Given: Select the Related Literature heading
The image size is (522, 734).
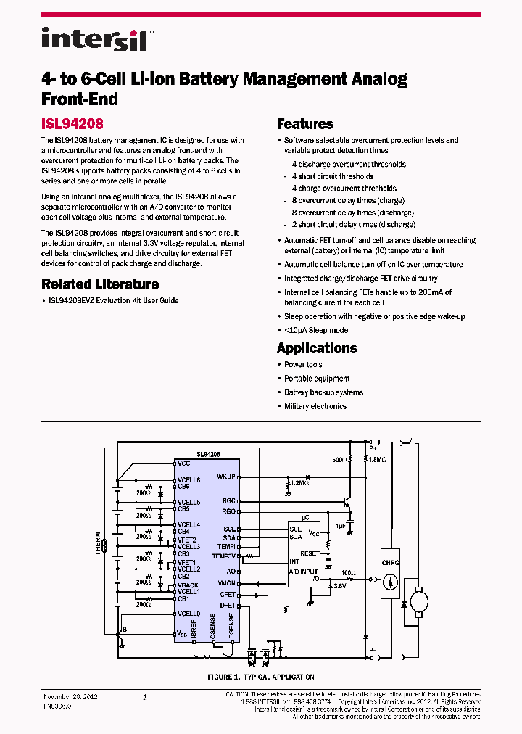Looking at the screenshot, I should point(100,284).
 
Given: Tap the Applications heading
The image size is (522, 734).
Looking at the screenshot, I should point(317,348).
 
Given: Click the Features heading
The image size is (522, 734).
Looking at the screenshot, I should point(305,124).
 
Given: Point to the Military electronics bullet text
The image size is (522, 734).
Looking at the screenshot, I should point(315,406).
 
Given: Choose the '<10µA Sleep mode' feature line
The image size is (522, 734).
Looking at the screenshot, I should point(315,330).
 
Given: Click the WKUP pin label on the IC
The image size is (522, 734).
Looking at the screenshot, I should point(225,477).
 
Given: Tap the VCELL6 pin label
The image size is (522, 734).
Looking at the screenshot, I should point(188,480).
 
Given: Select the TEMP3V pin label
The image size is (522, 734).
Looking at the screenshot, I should point(223,556).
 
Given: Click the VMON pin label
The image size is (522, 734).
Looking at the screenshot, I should point(226,583).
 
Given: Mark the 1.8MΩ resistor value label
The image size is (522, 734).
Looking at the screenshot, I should point(378,460).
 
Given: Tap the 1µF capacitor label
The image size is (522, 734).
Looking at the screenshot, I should point(341,527).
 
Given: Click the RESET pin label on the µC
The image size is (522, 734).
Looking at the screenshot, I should point(310,553).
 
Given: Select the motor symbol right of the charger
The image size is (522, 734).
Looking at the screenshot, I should point(420,601).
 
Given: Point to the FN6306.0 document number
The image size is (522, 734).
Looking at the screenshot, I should point(57,704).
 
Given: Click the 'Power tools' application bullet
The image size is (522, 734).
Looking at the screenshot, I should point(303,365).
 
